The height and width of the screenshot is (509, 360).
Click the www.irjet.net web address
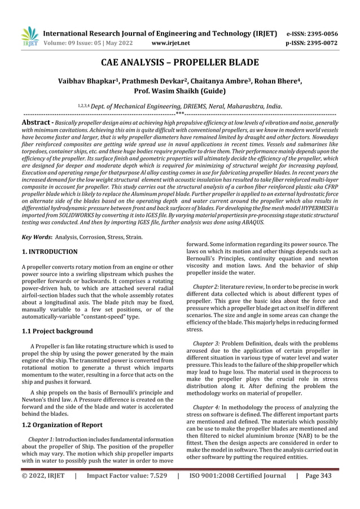tap(172, 42)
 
